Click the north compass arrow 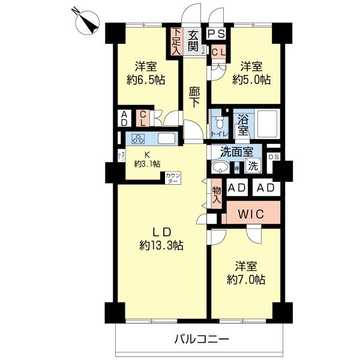coord(89,22)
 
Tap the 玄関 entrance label coord(194,41)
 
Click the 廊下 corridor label coord(194,97)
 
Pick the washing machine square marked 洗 coord(254,166)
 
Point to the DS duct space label coord(273,157)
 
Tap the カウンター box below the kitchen coord(172,178)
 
